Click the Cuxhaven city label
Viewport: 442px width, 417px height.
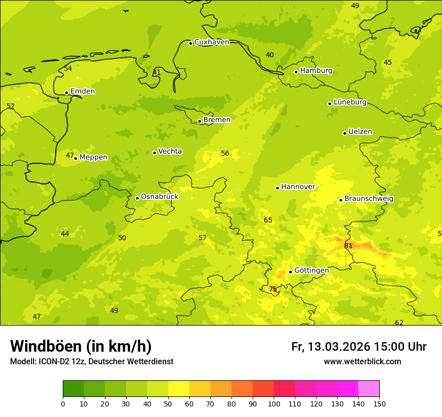(211, 42)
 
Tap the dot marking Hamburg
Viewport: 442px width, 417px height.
(296, 72)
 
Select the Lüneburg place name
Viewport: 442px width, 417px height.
(350, 102)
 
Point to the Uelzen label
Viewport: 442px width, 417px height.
(360, 132)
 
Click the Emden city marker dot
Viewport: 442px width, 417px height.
(66, 92)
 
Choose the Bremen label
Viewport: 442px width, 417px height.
(216, 120)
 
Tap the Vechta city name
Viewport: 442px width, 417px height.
(170, 151)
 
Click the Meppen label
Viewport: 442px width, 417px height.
(93, 157)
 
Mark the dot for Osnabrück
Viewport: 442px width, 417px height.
(137, 198)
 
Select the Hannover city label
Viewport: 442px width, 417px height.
(298, 187)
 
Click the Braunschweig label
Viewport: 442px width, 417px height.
(369, 199)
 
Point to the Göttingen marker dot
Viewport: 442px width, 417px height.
(290, 272)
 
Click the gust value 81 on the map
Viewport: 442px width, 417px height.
(349, 246)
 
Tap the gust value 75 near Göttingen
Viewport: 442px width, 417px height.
(273, 289)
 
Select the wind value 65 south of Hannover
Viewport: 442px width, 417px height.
(268, 220)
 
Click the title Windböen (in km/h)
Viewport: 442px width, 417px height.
(81, 346)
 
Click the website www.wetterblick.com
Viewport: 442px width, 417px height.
(362, 361)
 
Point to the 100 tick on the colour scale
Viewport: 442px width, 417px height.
(274, 403)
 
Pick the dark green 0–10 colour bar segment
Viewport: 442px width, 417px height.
(73, 388)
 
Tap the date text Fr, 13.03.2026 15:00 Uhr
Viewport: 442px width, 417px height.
(359, 347)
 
